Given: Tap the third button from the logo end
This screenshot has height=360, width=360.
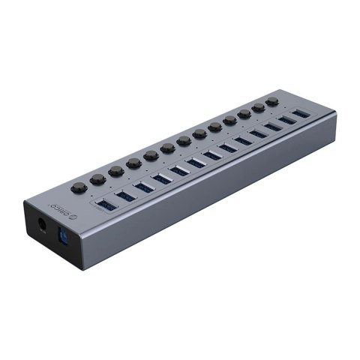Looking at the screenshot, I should click(115, 171).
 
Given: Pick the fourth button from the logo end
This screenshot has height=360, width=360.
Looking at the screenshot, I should click(133, 163).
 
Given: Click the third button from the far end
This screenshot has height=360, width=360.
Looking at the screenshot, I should click(246, 114).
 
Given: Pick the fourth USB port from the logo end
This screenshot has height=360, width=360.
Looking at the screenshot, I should click(162, 178).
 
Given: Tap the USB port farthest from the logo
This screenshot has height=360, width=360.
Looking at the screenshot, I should click(300, 113).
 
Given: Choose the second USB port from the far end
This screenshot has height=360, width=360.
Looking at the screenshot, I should click(286, 120).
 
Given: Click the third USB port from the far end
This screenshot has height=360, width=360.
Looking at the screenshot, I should click(271, 127).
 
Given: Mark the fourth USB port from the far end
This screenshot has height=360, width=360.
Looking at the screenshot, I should click(256, 133).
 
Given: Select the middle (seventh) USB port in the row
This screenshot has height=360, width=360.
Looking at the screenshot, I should click(211, 154).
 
